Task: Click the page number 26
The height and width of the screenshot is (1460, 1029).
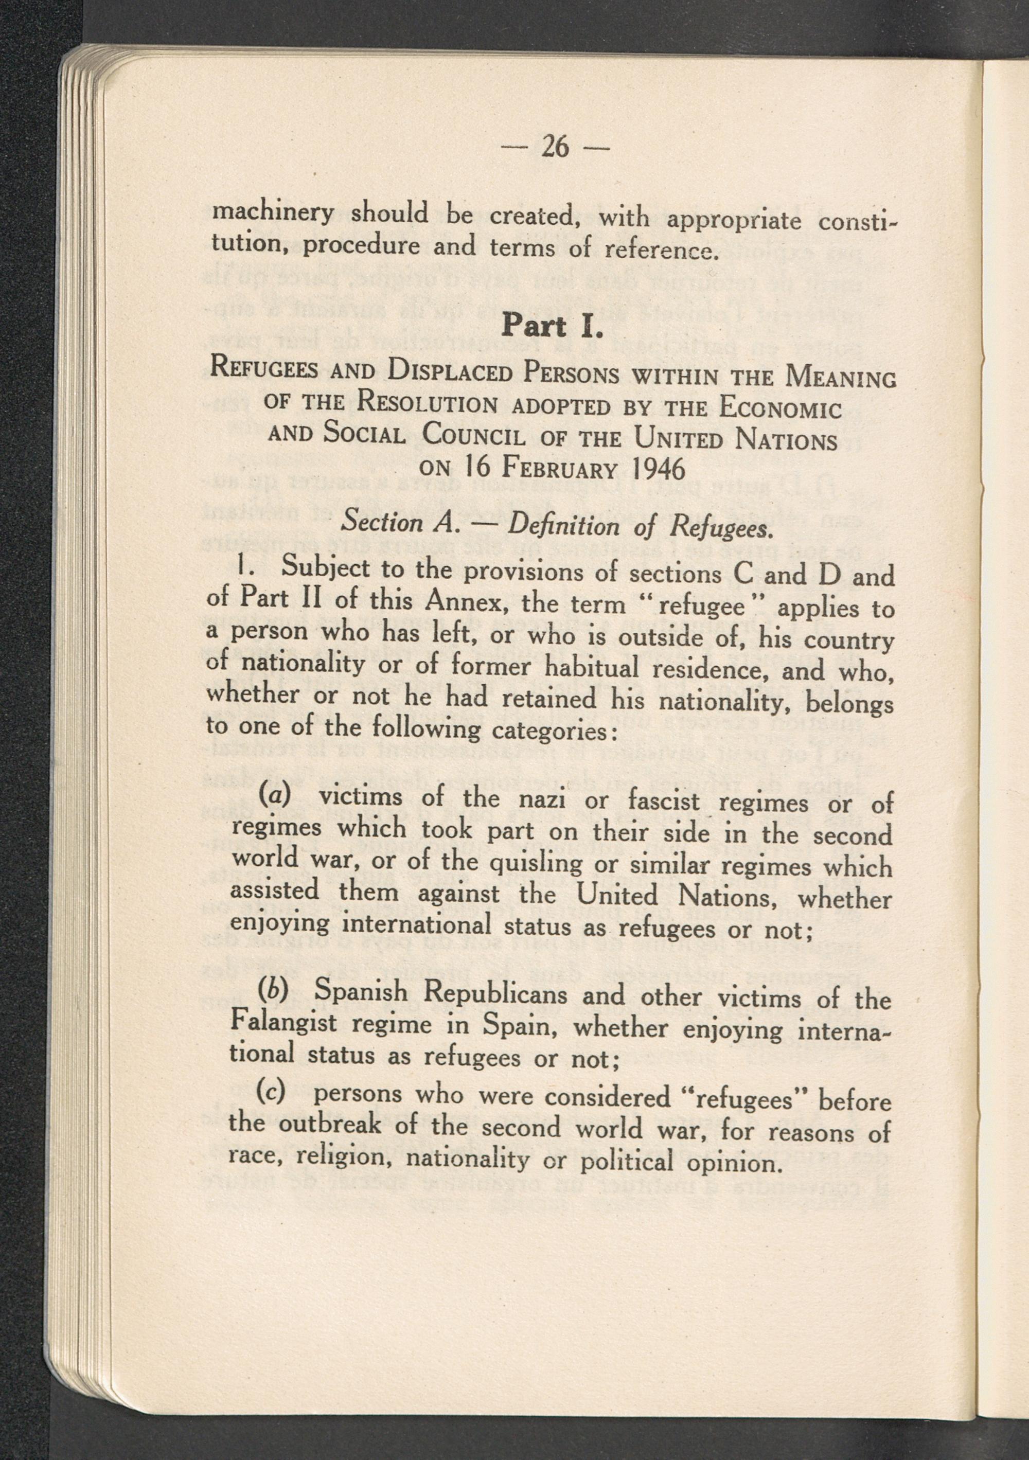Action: [554, 148]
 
